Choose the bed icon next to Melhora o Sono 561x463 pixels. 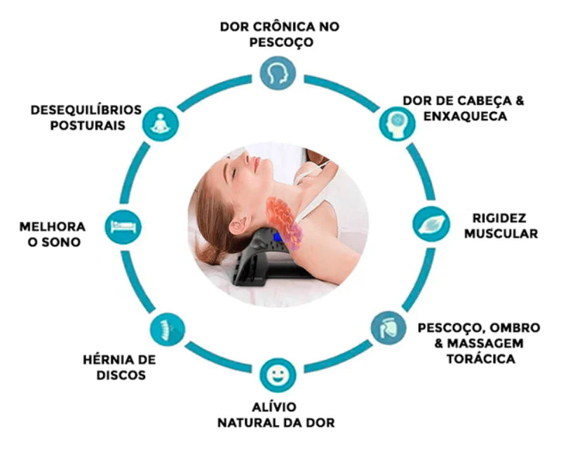(126, 226)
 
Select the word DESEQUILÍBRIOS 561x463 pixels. (86, 110)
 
